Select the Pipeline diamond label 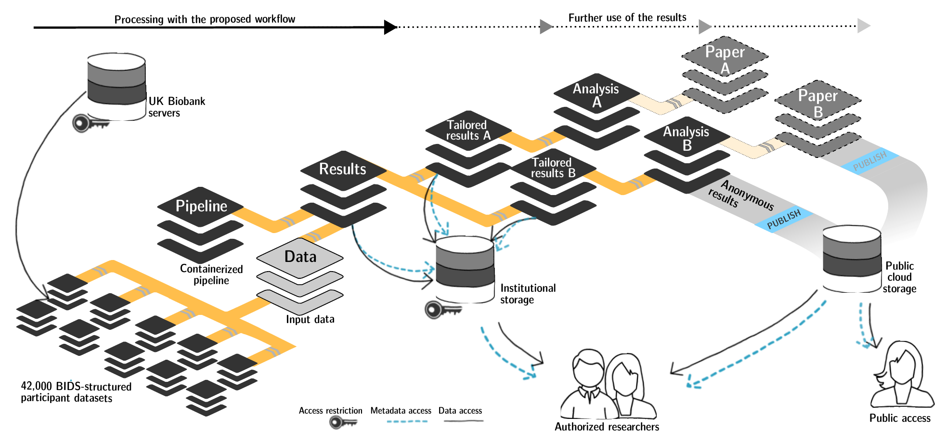(201, 206)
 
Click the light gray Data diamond (300, 257)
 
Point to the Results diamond (343, 169)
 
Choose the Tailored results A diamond (468, 130)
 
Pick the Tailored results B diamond (553, 168)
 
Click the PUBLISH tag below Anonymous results (784, 220)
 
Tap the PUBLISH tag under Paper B (869, 162)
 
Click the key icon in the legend (343, 422)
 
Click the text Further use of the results (627, 18)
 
